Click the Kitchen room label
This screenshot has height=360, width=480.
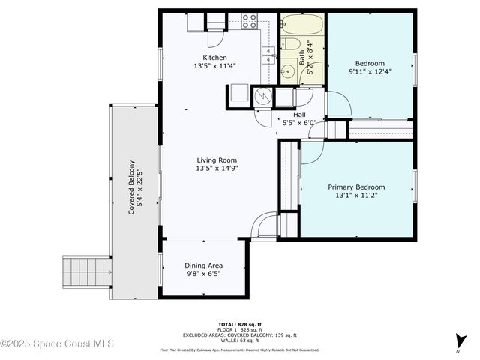214,58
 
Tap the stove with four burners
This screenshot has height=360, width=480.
250,21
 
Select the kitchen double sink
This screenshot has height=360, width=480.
267,54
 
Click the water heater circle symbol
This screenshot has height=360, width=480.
262,96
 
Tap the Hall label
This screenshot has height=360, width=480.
298,115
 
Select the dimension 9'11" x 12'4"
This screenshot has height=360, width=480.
370,72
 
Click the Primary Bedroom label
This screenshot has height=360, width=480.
356,187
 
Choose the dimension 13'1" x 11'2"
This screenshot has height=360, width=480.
356,195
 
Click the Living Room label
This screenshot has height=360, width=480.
217,160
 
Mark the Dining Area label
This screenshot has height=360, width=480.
204,265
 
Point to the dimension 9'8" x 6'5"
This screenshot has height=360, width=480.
204,274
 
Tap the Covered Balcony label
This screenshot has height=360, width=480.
131,187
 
